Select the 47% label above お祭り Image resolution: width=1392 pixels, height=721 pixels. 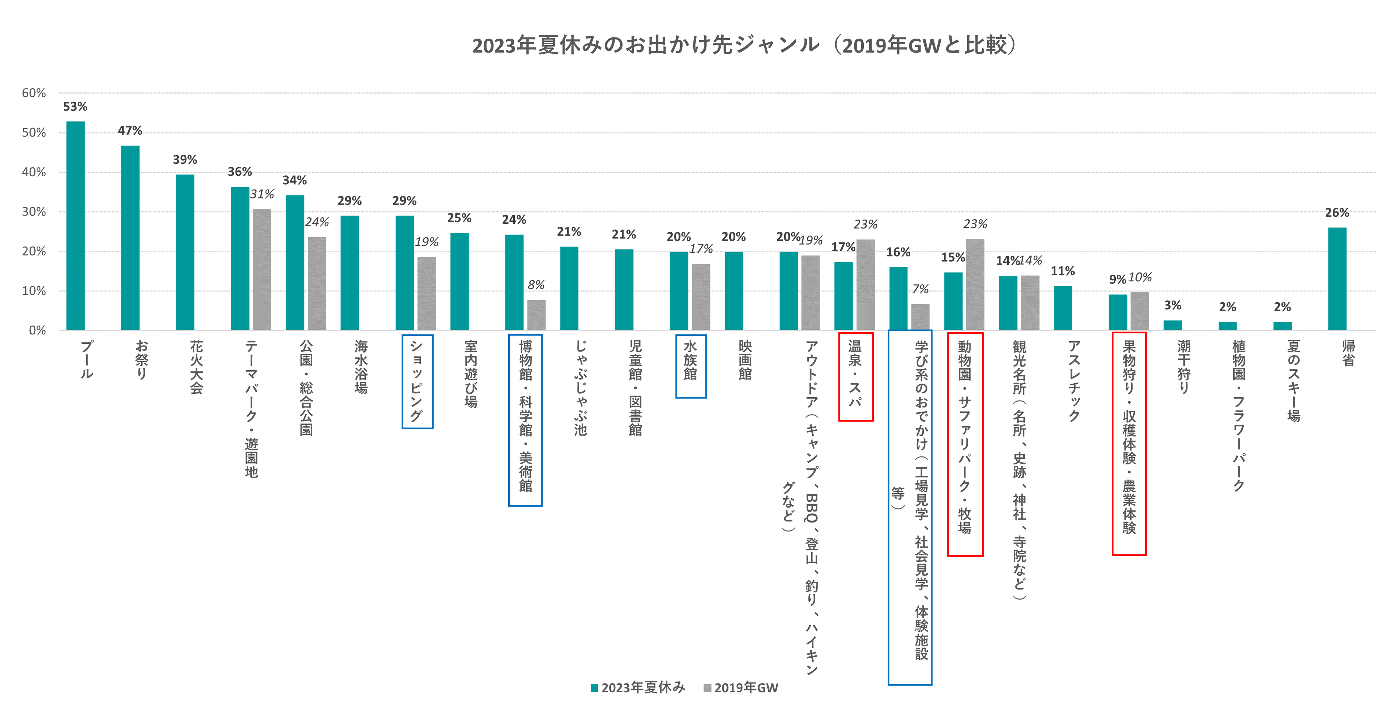(x=130, y=131)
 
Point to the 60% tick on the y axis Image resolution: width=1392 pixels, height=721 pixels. (x=34, y=93)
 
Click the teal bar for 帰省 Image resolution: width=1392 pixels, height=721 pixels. (x=1337, y=278)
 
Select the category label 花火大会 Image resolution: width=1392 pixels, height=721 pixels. (x=196, y=367)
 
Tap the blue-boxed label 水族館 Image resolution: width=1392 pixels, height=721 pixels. (x=691, y=360)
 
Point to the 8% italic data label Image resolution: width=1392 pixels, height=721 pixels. (x=536, y=285)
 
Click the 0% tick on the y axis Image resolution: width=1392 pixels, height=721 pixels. (x=37, y=330)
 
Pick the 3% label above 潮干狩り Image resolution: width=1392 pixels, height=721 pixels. (x=1172, y=306)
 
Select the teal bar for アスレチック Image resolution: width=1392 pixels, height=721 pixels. (x=1063, y=308)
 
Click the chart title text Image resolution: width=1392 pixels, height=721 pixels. (x=743, y=45)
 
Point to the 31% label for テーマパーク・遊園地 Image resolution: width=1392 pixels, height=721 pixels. (x=262, y=194)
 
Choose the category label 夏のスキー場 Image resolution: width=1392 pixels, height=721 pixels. (x=1293, y=380)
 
